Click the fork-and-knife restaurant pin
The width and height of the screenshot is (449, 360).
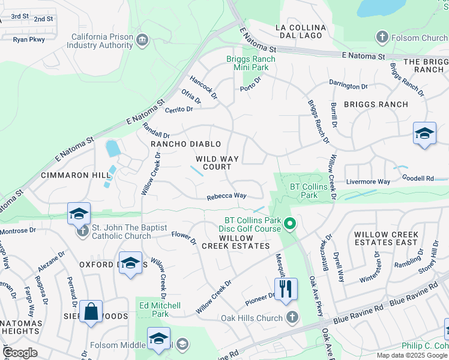(x=286, y=289)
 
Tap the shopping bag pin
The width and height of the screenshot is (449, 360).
(x=91, y=311)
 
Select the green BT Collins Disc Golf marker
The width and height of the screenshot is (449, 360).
(x=289, y=224)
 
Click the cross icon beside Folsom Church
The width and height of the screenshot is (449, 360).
(x=381, y=38)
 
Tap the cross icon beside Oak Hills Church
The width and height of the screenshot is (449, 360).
(x=292, y=317)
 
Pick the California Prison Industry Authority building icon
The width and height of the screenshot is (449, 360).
(x=142, y=40)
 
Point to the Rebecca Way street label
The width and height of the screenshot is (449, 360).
(x=227, y=196)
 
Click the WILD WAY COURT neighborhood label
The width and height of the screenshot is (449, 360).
(x=217, y=163)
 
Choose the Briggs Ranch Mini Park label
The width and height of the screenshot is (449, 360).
(x=250, y=63)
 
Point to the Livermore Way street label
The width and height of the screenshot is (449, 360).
(x=368, y=181)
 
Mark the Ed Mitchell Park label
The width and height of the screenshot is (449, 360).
(x=160, y=310)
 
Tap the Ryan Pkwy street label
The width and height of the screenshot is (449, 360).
(x=29, y=39)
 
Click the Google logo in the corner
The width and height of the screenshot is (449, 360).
(x=20, y=352)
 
